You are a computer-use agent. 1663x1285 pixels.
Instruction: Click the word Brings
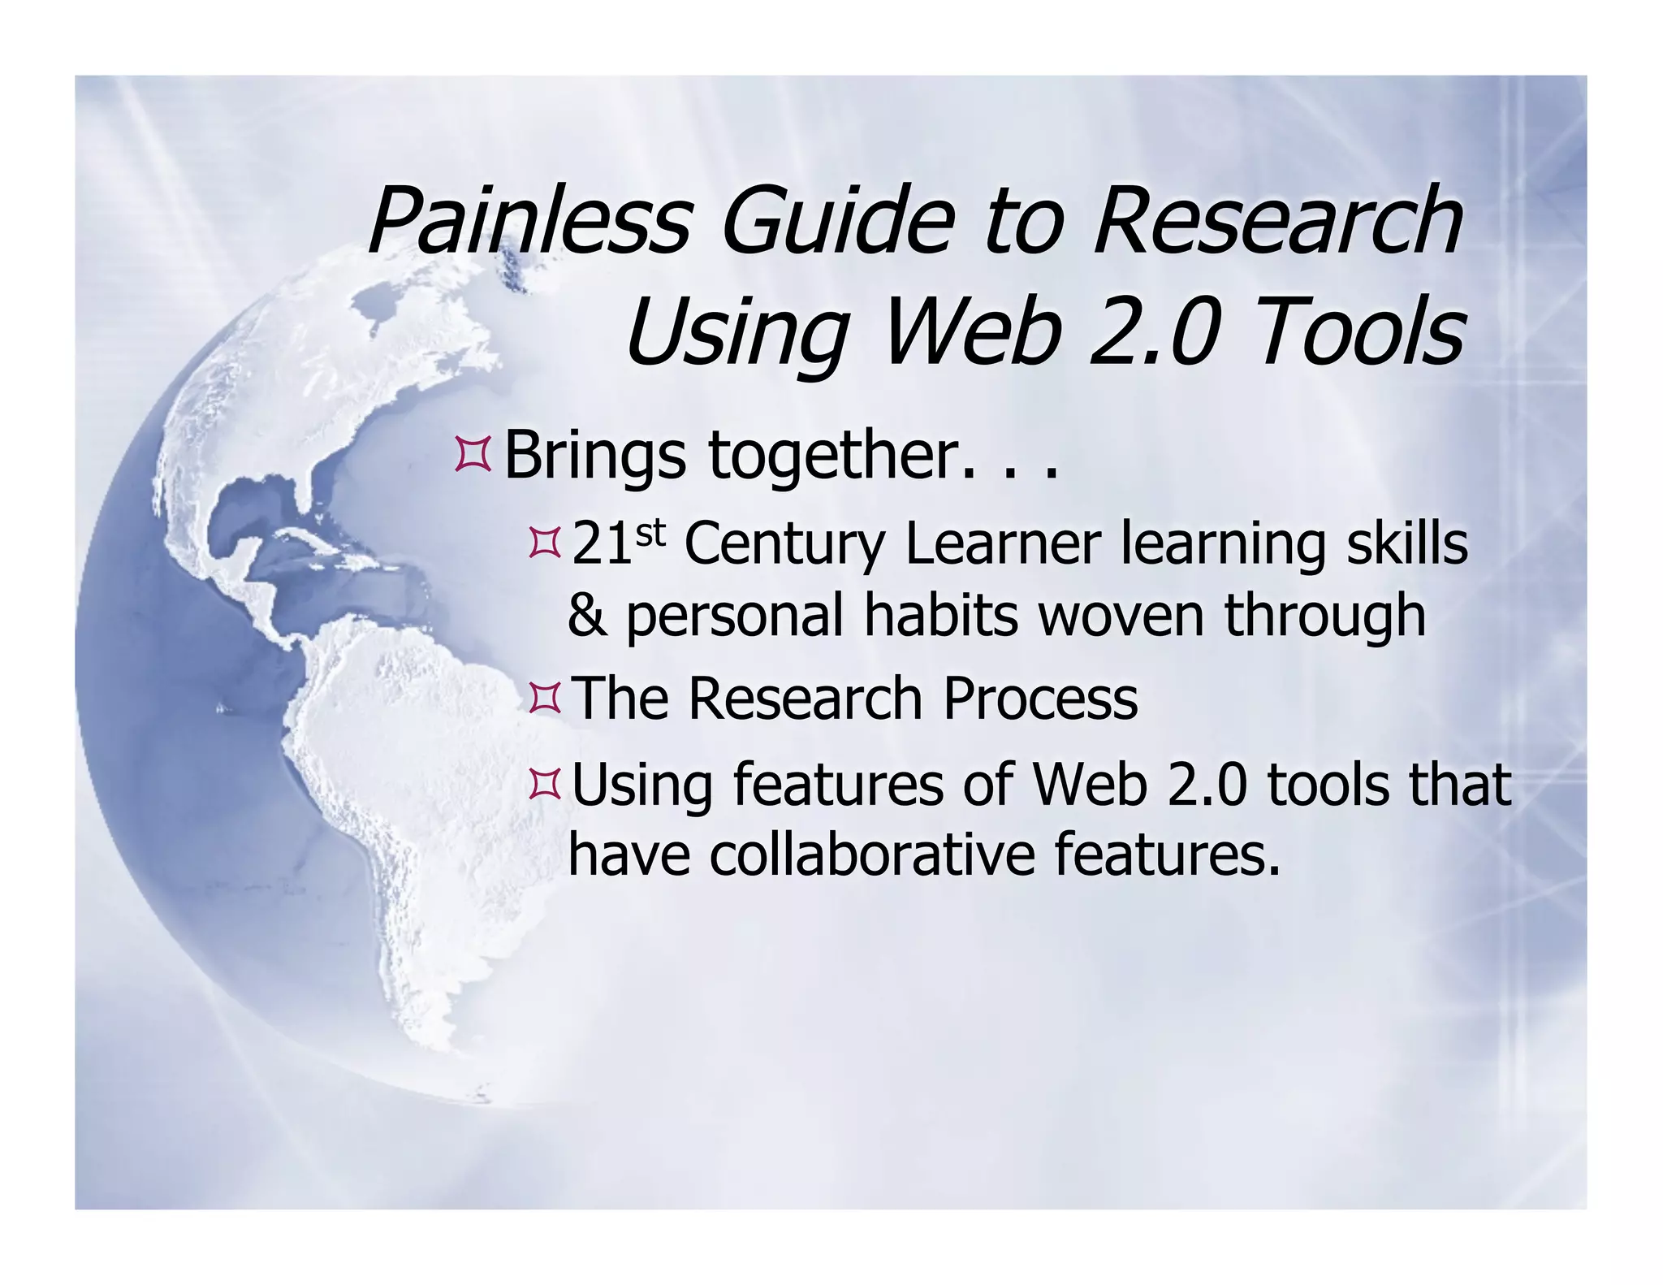pyautogui.click(x=595, y=456)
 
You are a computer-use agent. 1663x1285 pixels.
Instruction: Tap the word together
pyautogui.click(x=836, y=456)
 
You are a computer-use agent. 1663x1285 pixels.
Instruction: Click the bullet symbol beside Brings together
pyautogui.click(x=473, y=454)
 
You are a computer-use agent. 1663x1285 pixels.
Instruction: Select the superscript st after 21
pyautogui.click(x=650, y=534)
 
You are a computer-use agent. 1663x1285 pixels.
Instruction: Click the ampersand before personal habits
pyautogui.click(x=586, y=616)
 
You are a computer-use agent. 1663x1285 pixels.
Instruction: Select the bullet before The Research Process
pyautogui.click(x=544, y=699)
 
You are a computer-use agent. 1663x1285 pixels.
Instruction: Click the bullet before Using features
pyautogui.click(x=544, y=784)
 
